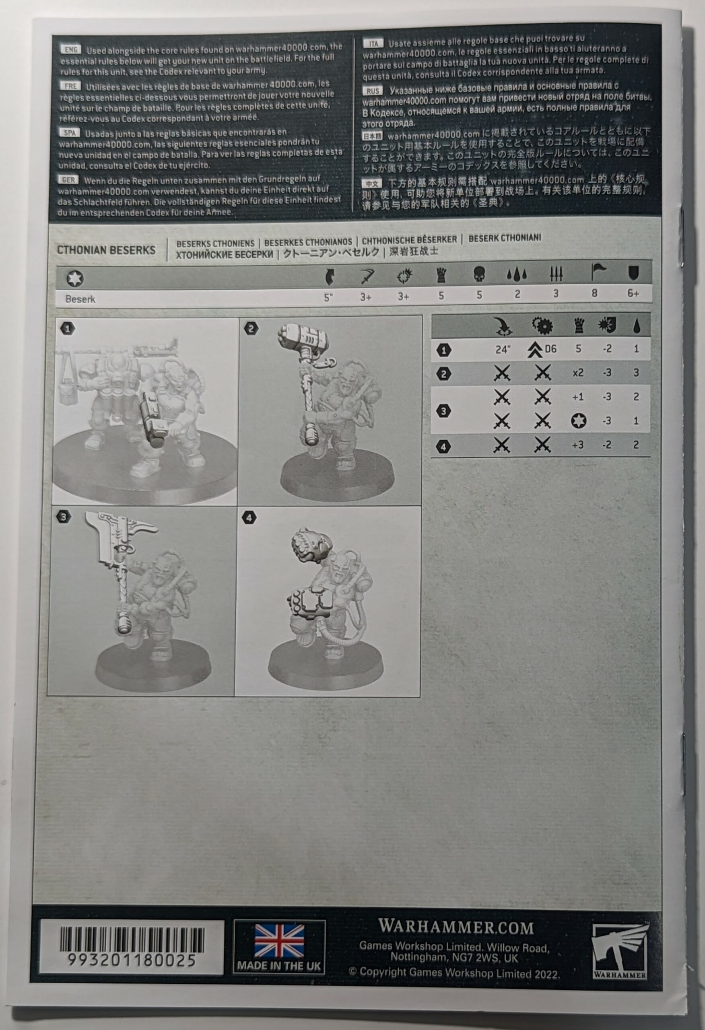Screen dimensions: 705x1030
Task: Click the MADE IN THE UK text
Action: pos(279,966)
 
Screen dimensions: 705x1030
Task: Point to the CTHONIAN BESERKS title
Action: pos(106,250)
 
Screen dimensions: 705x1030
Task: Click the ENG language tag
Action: pos(71,49)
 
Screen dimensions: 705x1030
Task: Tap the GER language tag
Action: pos(69,180)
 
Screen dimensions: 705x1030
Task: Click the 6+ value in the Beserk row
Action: pos(633,293)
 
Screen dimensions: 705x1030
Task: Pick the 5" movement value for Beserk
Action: pos(328,297)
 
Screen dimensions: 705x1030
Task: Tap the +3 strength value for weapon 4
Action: pos(578,445)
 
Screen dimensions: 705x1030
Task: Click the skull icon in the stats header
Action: pos(479,275)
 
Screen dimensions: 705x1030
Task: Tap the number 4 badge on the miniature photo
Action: pos(249,517)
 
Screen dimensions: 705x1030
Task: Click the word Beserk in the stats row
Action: pos(80,299)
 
